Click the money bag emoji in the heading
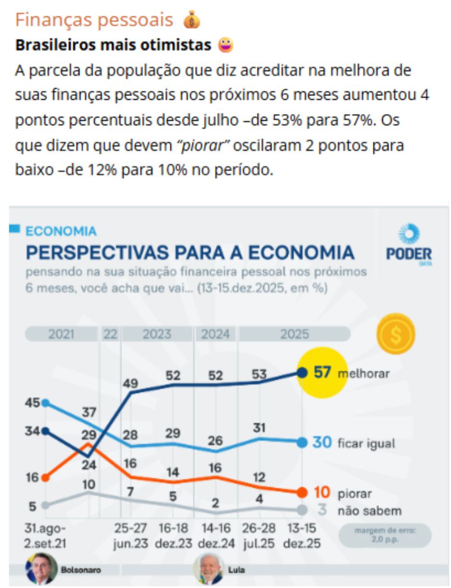pyautogui.click(x=192, y=20)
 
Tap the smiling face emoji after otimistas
pyautogui.click(x=225, y=45)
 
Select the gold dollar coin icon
pyautogui.click(x=396, y=334)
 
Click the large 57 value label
pyautogui.click(x=322, y=372)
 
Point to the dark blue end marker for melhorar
pyautogui.click(x=302, y=372)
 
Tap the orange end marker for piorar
pyautogui.click(x=302, y=492)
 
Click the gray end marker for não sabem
pyautogui.click(x=302, y=510)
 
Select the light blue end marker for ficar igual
pyautogui.click(x=302, y=443)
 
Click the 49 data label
pyautogui.click(x=130, y=384)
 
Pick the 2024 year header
pyautogui.click(x=215, y=334)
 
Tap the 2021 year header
pyautogui.click(x=61, y=334)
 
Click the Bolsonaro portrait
pyautogui.click(x=41, y=569)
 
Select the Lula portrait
pyautogui.click(x=208, y=569)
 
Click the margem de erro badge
pyautogui.click(x=385, y=535)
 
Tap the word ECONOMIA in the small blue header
pyautogui.click(x=61, y=231)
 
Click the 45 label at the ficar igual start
pyautogui.click(x=32, y=403)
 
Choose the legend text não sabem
pyautogui.click(x=369, y=511)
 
